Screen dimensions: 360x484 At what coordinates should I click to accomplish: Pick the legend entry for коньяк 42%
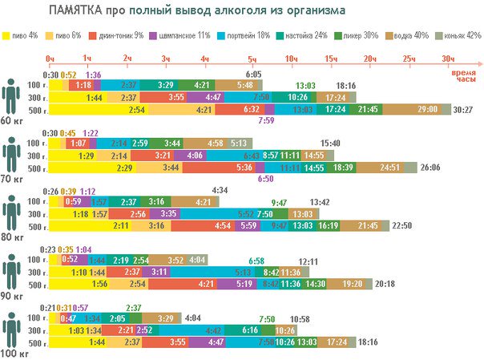point(460,36)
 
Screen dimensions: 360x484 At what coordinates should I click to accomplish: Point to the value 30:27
point(463,109)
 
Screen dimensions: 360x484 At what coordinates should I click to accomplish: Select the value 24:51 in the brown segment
point(390,168)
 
